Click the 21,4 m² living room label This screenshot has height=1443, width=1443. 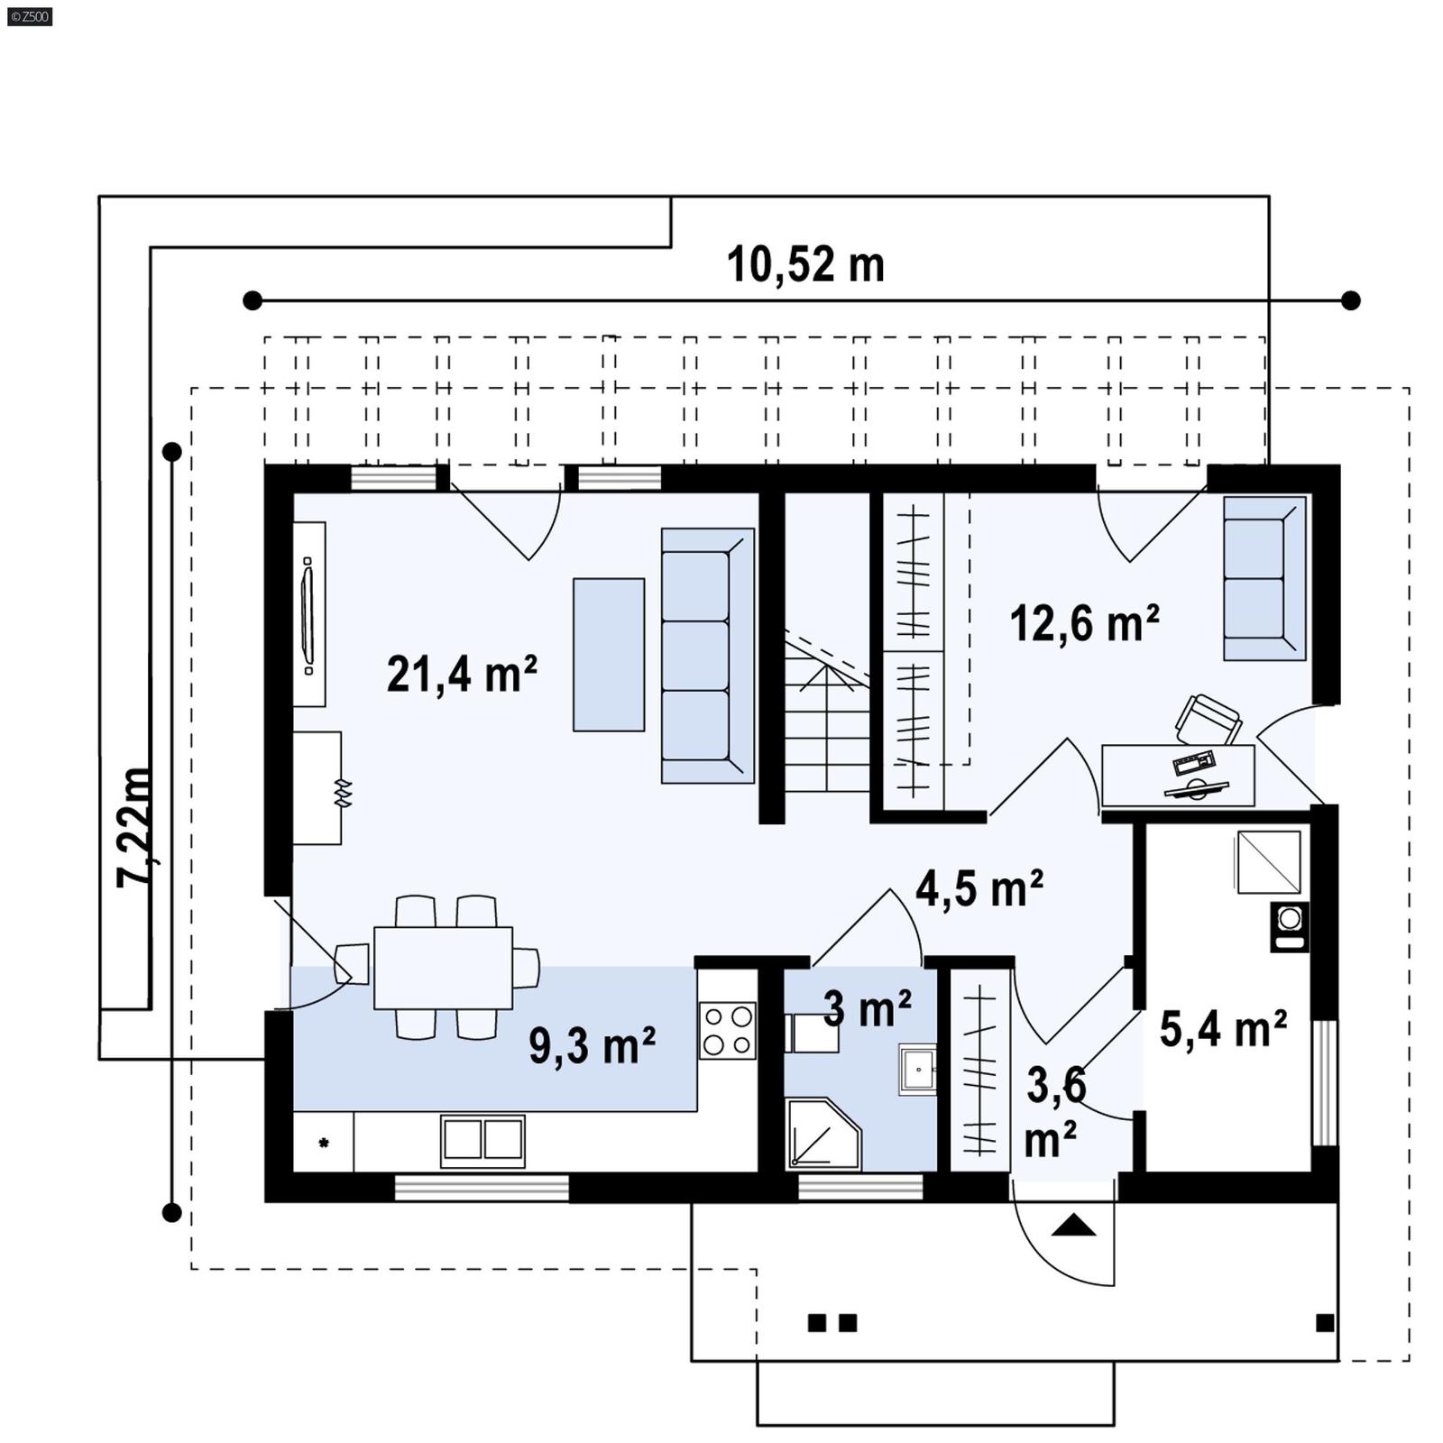[461, 674]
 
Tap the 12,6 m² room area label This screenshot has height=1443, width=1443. [1083, 623]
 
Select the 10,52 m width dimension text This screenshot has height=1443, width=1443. [805, 265]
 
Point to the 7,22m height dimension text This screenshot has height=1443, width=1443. [135, 827]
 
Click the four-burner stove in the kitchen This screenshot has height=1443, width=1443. [727, 1030]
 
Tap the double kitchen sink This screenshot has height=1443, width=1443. [483, 1140]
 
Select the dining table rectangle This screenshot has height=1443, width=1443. [443, 968]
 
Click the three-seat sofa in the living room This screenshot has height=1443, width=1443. [706, 656]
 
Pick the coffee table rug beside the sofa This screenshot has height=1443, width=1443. [609, 655]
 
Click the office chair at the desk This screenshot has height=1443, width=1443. [1207, 720]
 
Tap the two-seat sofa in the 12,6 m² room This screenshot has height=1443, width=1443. [1264, 578]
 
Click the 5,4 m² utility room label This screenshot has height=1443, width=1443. [1222, 1029]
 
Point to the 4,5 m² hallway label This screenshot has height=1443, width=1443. [979, 888]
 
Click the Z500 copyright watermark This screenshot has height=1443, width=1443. [29, 16]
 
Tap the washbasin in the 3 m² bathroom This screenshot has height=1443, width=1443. [917, 1070]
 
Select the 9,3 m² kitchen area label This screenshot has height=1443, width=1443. [592, 1045]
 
